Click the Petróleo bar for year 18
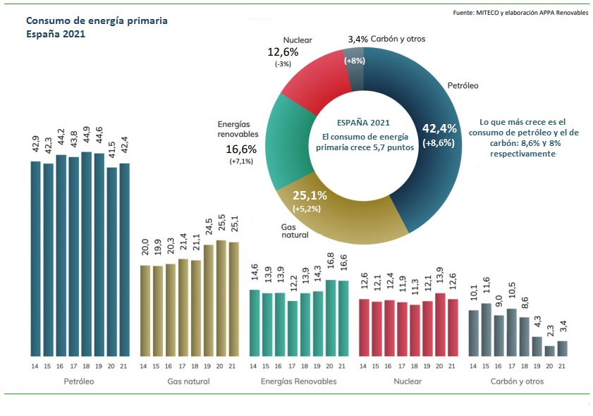click(x=87, y=254)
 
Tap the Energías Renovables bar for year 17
click(x=293, y=328)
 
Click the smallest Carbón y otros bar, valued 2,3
click(x=549, y=350)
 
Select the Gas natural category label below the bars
click(x=189, y=381)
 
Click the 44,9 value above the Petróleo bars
click(x=87, y=141)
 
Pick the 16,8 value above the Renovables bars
click(x=331, y=269)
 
